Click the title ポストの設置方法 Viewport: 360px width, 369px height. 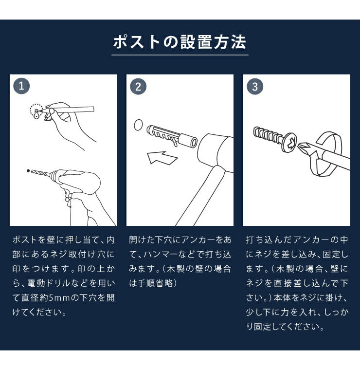click(x=180, y=42)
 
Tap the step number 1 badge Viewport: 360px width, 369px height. click(x=21, y=87)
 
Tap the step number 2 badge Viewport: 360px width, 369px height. click(x=138, y=87)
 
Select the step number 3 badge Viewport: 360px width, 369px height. click(x=255, y=87)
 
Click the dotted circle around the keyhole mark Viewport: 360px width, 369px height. click(x=36, y=111)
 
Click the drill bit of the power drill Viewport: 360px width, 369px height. click(x=41, y=173)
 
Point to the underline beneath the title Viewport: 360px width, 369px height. click(x=180, y=55)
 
